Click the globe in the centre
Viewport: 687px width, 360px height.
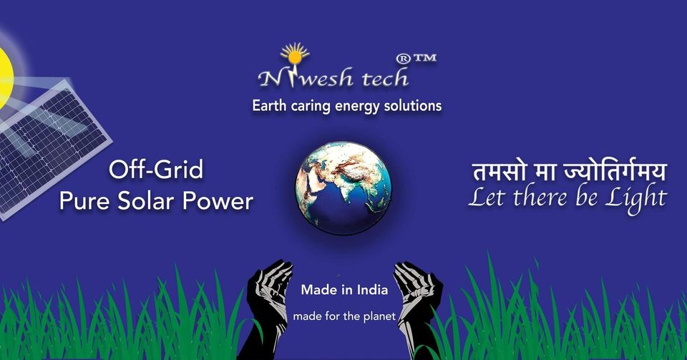(343, 188)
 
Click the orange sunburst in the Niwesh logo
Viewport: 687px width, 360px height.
(295, 54)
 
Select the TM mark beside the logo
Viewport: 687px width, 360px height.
(424, 57)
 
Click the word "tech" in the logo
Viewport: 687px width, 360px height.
(385, 77)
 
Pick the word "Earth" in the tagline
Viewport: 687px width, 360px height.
(269, 105)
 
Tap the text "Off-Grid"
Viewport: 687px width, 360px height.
(156, 170)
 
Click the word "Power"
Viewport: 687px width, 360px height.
(218, 201)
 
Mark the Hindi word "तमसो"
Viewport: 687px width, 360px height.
(499, 171)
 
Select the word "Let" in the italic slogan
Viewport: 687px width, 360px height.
(487, 197)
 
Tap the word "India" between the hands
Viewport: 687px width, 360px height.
(372, 290)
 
